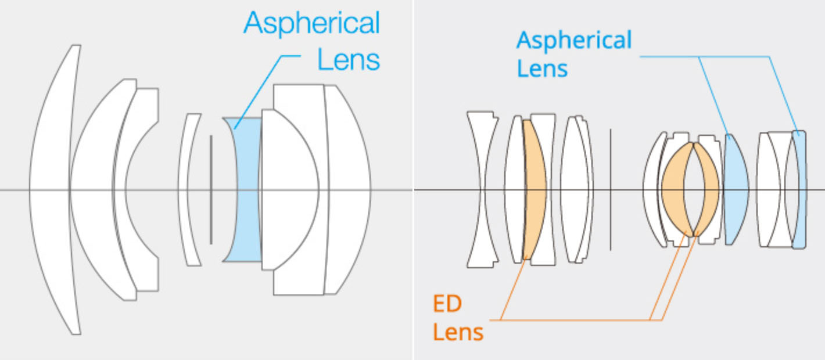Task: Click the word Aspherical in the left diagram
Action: pyautogui.click(x=312, y=24)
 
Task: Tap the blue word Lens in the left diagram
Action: pyautogui.click(x=348, y=59)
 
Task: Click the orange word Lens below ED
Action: pyautogui.click(x=458, y=333)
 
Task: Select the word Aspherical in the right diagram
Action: pyautogui.click(x=574, y=41)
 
